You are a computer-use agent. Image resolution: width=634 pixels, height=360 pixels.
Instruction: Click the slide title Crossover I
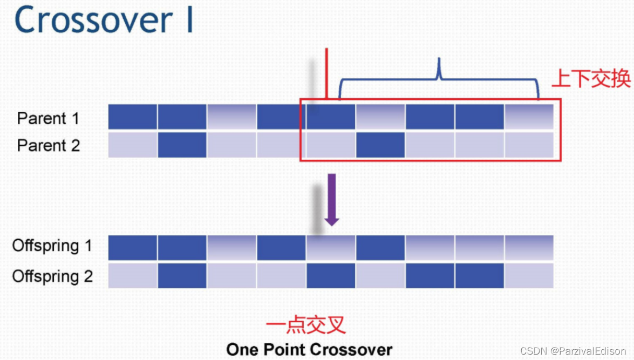pyautogui.click(x=103, y=21)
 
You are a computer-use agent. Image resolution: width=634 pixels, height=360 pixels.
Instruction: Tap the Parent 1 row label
pyautogui.click(x=49, y=118)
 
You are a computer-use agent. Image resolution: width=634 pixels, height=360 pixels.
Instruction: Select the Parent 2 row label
pyautogui.click(x=49, y=145)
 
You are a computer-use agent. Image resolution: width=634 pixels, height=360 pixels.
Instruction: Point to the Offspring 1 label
pyautogui.click(x=52, y=246)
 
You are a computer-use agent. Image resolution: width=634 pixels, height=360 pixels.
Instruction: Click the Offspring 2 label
pyautogui.click(x=52, y=276)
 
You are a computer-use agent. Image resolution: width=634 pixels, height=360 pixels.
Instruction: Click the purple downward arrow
pyautogui.click(x=331, y=199)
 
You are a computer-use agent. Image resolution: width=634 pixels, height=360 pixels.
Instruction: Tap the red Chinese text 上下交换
pyautogui.click(x=590, y=79)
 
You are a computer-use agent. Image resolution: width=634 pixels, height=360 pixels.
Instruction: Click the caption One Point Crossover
pyautogui.click(x=309, y=349)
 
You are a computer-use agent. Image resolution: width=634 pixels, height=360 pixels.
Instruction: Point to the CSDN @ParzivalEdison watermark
pyautogui.click(x=573, y=351)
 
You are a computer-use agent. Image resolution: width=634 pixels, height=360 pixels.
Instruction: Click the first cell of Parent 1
pyautogui.click(x=133, y=117)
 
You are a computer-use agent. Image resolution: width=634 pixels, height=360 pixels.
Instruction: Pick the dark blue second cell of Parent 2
pyautogui.click(x=182, y=145)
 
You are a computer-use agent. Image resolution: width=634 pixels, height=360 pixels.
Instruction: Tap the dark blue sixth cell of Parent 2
pyautogui.click(x=380, y=145)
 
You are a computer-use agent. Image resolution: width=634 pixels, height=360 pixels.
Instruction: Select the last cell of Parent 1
pyautogui.click(x=529, y=117)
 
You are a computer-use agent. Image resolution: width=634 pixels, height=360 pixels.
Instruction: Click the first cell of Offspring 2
pyautogui.click(x=133, y=275)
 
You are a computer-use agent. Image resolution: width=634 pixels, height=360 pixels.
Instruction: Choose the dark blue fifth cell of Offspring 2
pyautogui.click(x=331, y=275)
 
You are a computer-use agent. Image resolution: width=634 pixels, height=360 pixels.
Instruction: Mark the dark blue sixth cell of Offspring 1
pyautogui.click(x=380, y=248)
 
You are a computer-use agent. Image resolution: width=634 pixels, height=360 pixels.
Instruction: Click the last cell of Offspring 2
pyautogui.click(x=529, y=275)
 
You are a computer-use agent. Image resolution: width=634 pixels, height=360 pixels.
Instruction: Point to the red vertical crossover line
pyautogui.click(x=326, y=73)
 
